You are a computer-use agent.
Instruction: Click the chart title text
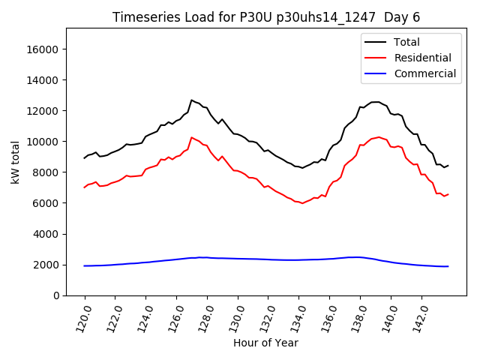[266, 17]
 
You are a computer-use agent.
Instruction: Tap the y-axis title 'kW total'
[15, 162]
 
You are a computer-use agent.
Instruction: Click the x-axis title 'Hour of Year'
[265, 343]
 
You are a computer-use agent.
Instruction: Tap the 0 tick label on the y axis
[56, 295]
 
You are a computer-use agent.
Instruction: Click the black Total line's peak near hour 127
[191, 100]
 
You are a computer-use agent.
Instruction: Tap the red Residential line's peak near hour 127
[191, 137]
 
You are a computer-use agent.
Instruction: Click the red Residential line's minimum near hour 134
[302, 203]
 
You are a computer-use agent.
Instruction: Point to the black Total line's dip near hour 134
[302, 168]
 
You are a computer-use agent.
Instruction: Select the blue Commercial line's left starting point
[84, 265]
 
